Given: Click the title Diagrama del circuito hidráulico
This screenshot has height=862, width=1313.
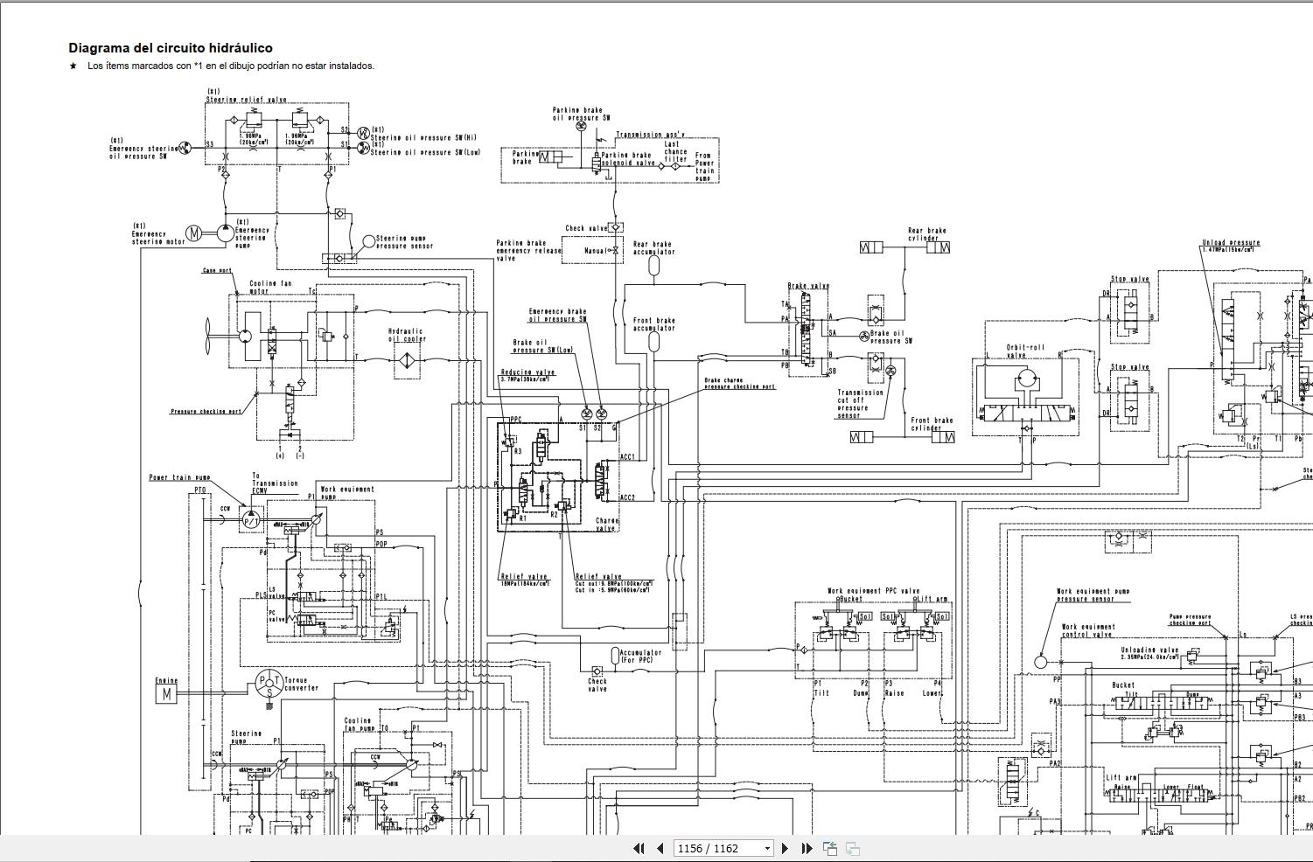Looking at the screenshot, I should (x=171, y=48).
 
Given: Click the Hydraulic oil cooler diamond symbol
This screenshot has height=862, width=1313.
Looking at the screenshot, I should (x=407, y=358).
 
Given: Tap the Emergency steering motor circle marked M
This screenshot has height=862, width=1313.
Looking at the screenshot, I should (x=196, y=233).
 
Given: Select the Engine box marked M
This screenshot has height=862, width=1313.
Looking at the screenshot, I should (x=164, y=694).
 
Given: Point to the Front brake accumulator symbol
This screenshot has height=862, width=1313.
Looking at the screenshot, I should (x=653, y=341).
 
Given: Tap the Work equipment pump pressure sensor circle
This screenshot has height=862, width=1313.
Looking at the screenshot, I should (x=1040, y=662).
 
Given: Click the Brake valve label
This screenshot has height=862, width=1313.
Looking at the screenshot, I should (x=808, y=286).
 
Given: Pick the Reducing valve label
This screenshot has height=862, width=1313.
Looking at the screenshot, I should (x=527, y=373).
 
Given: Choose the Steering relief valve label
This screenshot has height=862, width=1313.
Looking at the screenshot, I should (x=247, y=100).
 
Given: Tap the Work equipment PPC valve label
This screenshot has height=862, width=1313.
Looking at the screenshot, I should (x=873, y=591).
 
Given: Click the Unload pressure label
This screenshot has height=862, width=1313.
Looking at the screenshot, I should (x=1231, y=242).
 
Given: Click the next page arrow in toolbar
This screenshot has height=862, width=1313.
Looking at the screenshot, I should (x=785, y=848).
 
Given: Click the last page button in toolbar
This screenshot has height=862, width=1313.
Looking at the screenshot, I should (x=807, y=848).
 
